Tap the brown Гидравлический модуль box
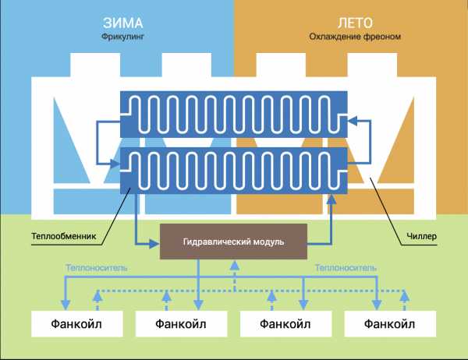point(234,242)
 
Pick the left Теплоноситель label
point(97,267)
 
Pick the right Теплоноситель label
point(346,267)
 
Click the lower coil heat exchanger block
point(233,173)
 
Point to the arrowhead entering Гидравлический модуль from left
point(155,242)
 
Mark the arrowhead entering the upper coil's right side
point(353,119)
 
